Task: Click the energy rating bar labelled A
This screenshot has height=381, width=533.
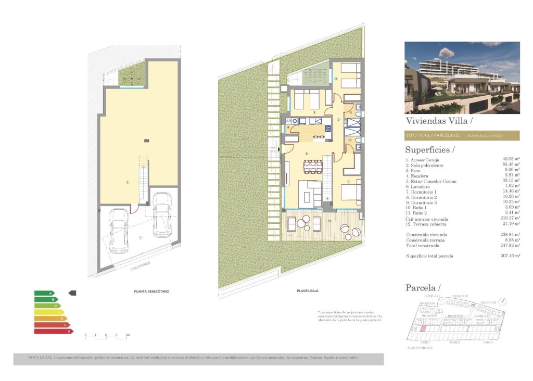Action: [44, 293]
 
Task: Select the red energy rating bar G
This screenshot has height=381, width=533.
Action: [53, 331]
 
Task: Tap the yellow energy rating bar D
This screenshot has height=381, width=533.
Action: [49, 312]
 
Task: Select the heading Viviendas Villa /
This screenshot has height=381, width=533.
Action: [438, 121]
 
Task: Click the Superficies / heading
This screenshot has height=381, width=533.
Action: [429, 150]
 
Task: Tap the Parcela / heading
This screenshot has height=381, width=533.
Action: [423, 287]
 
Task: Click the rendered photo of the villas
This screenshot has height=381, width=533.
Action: [462, 78]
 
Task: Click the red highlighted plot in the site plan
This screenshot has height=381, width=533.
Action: [423, 329]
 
